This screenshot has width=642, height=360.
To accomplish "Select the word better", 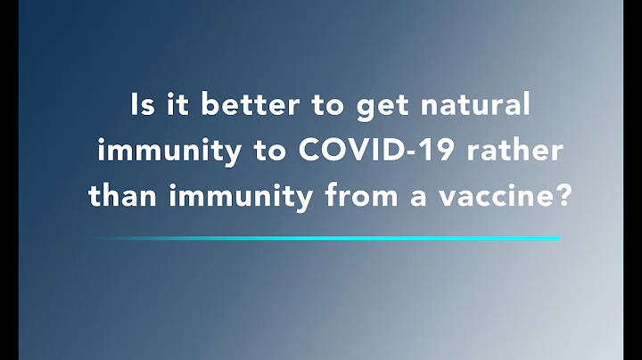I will [244, 105].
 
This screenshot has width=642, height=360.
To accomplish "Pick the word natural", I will [473, 105].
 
